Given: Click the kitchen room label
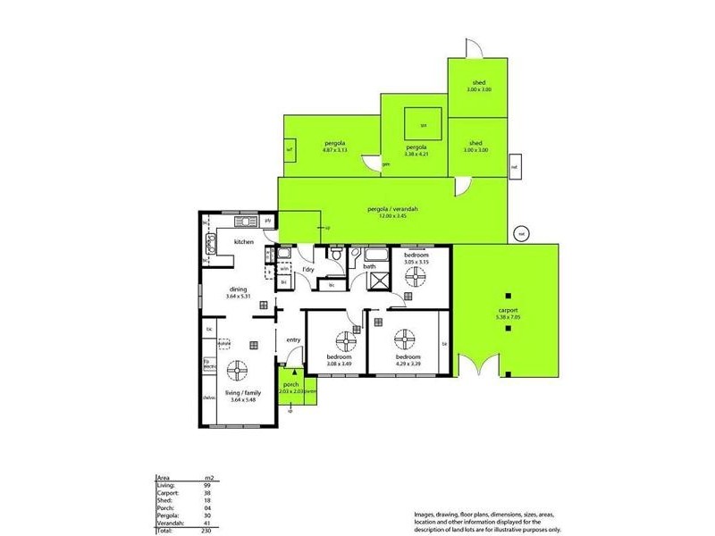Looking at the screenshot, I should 244,242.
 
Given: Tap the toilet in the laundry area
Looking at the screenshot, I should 337,256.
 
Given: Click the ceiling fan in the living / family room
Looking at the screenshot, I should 238,370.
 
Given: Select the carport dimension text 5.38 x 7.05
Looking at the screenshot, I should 507,317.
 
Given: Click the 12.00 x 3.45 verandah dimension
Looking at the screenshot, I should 393,215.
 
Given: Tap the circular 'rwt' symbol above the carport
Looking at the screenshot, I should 520,234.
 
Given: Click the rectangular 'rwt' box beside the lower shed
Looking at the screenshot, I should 514,166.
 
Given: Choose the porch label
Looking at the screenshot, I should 290,384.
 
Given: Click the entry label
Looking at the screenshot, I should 292,339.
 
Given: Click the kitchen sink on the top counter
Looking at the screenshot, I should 243,221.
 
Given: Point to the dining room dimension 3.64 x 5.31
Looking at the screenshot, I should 238,296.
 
